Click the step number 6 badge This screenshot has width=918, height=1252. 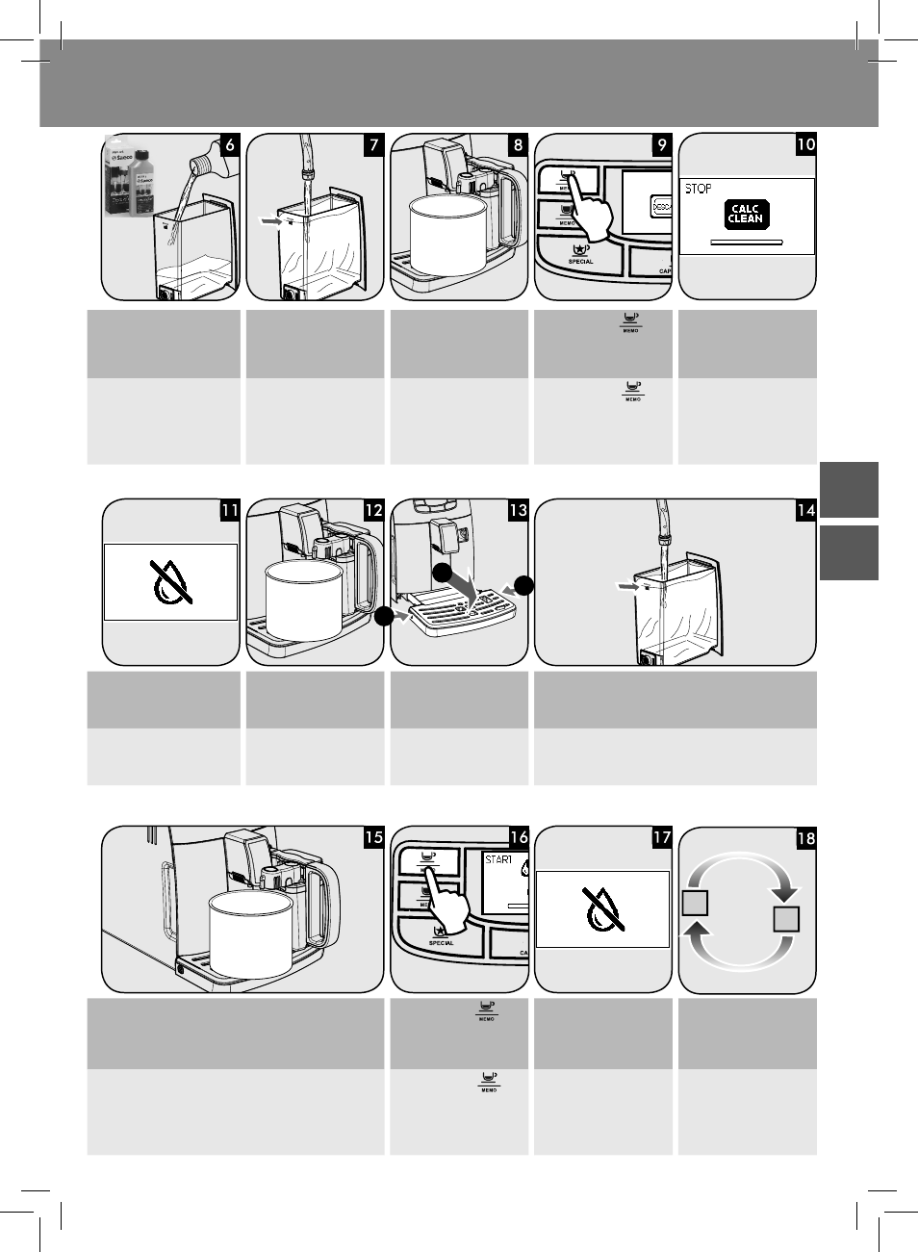click(x=229, y=145)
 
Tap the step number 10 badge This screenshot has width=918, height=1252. click(x=805, y=145)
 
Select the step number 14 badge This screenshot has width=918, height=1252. click(x=805, y=510)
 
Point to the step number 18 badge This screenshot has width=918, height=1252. click(x=805, y=838)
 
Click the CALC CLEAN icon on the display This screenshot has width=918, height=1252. click(x=746, y=214)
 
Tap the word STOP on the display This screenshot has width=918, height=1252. click(x=699, y=189)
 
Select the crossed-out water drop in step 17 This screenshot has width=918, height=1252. click(x=602, y=908)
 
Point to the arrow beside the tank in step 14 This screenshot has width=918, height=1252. click(x=625, y=584)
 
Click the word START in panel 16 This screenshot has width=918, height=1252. click(x=497, y=859)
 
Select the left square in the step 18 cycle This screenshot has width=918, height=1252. click(x=695, y=904)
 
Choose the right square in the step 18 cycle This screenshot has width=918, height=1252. click(x=786, y=919)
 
